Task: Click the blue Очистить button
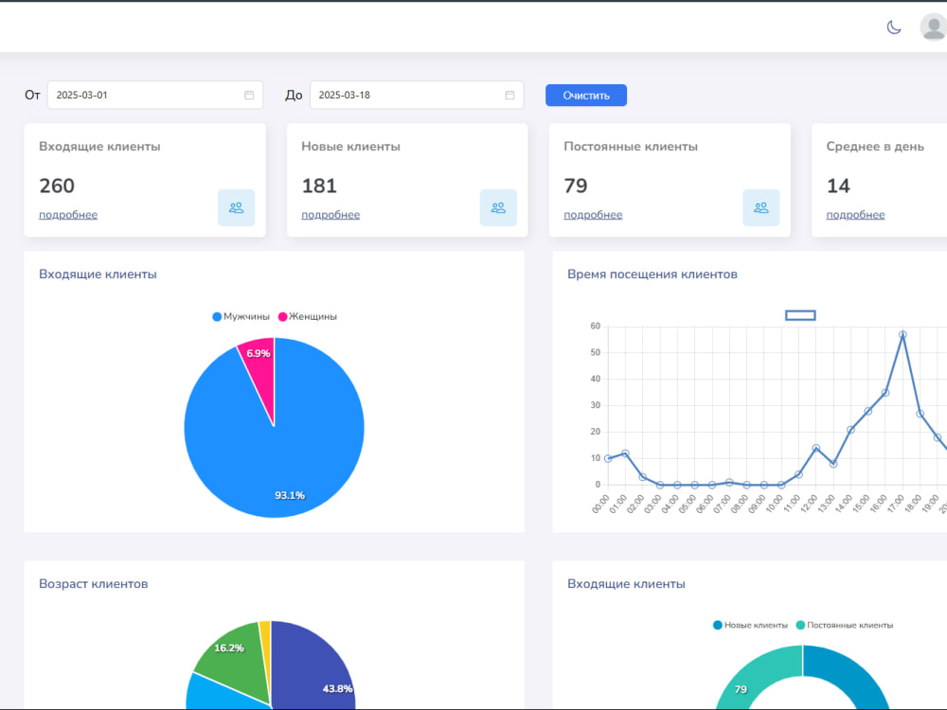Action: [x=586, y=96]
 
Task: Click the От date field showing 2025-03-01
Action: [x=155, y=95]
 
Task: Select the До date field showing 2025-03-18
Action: [x=417, y=95]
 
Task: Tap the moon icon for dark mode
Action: [x=894, y=27]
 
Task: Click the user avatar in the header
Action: [x=934, y=27]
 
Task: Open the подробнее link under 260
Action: [x=68, y=215]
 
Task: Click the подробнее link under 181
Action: [x=331, y=215]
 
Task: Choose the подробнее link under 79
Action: [x=593, y=215]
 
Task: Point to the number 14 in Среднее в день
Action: [x=838, y=186]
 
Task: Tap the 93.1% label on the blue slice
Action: [x=290, y=495]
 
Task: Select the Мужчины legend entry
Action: [x=241, y=316]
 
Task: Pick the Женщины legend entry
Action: [x=308, y=316]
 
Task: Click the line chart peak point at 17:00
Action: [x=902, y=334]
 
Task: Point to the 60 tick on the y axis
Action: [x=596, y=326]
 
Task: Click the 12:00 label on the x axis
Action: [x=808, y=505]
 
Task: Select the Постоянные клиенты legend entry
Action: [x=845, y=625]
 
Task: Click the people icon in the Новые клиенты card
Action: [x=498, y=207]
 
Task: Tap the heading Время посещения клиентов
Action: [x=652, y=275]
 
